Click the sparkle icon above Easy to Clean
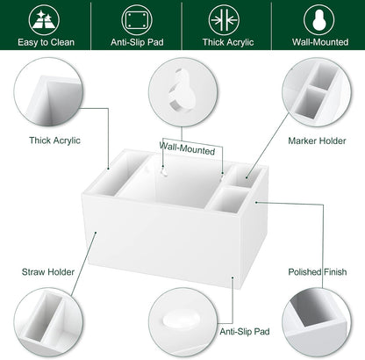(x=44, y=20)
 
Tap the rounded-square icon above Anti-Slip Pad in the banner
(x=137, y=20)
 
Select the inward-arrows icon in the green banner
(x=224, y=20)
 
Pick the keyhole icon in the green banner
(x=318, y=20)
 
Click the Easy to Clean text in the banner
(x=46, y=42)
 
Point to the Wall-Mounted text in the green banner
(x=320, y=42)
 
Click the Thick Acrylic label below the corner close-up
(x=54, y=140)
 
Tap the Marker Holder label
(x=317, y=140)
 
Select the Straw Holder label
(x=48, y=272)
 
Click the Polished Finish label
(x=318, y=272)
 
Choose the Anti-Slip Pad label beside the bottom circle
(x=245, y=332)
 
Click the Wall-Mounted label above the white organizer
(x=187, y=148)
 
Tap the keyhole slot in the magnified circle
(x=182, y=90)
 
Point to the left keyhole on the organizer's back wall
(x=164, y=172)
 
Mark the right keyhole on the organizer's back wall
(x=222, y=176)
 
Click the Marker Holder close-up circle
(x=317, y=92)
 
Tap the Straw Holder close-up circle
(x=48, y=322)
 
